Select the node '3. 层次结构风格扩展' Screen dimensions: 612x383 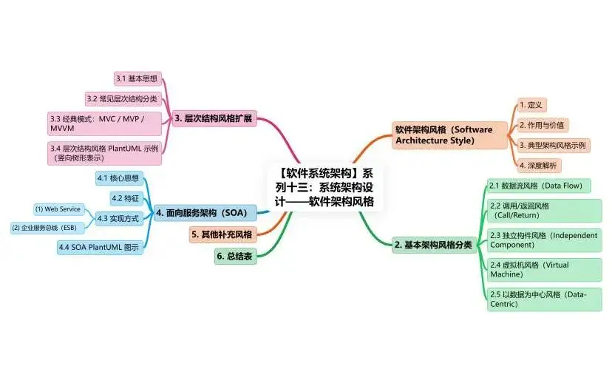tap(214, 118)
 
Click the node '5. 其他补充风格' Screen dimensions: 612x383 tap(221, 235)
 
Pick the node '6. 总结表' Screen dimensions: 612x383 tap(236, 257)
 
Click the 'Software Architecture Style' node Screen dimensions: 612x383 tap(443, 135)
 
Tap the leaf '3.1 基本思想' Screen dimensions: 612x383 tap(137, 78)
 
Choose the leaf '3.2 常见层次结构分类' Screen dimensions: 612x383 tap(123, 98)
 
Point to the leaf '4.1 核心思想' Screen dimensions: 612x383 tap(118, 178)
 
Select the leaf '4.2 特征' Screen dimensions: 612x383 tap(125, 198)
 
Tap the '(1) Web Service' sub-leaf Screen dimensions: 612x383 tap(58, 209)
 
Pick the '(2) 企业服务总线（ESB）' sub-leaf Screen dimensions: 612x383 tap(44, 228)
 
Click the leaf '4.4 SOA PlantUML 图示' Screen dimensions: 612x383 tap(99, 248)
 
